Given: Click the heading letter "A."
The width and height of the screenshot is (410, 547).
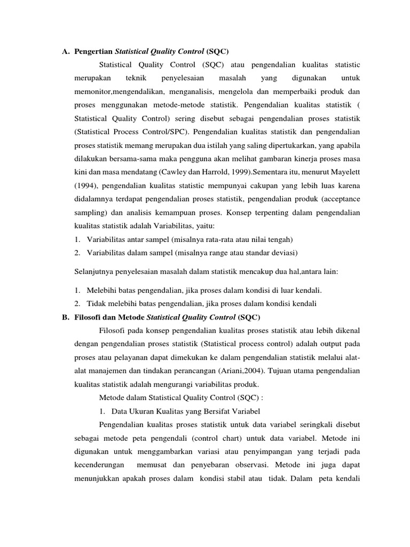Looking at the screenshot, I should point(66,51).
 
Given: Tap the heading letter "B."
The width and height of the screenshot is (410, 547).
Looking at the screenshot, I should point(66,317).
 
